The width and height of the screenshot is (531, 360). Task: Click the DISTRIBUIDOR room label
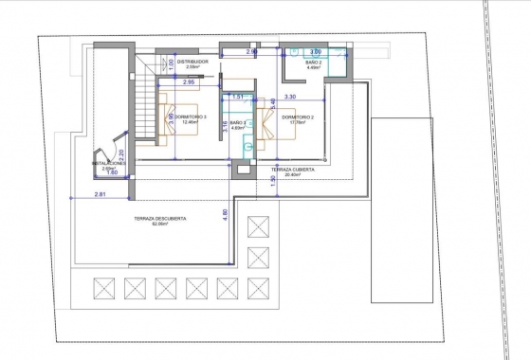pyautogui.click(x=192, y=62)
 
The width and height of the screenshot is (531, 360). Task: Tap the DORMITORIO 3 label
pyautogui.click(x=192, y=117)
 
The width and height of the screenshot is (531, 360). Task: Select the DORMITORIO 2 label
pyautogui.click(x=298, y=116)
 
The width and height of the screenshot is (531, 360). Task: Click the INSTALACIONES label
pyautogui.click(x=109, y=162)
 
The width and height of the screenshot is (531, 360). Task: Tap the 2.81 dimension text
pyautogui.click(x=101, y=194)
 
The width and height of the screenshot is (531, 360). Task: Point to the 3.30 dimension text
pyautogui.click(x=290, y=97)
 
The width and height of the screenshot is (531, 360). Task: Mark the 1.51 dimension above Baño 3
pyautogui.click(x=239, y=97)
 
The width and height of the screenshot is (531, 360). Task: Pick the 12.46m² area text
pyautogui.click(x=192, y=122)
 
